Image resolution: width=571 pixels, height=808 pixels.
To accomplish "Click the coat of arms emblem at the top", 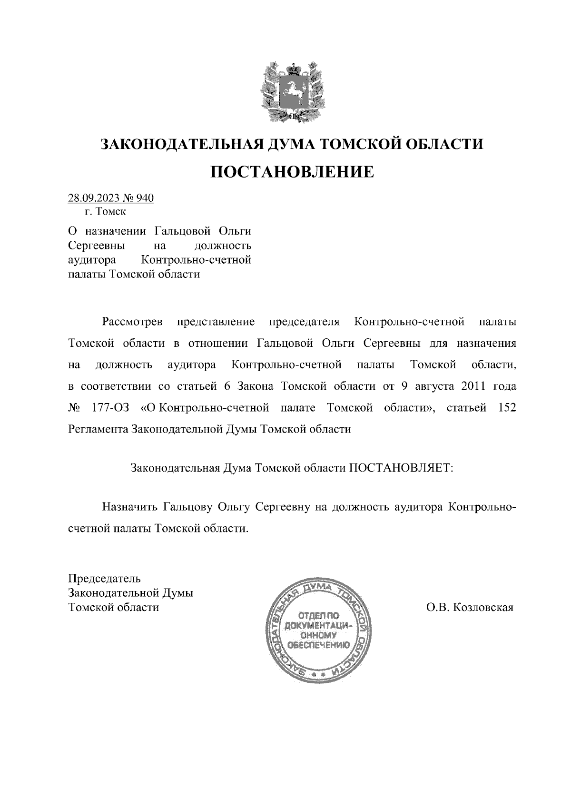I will pos(291,90).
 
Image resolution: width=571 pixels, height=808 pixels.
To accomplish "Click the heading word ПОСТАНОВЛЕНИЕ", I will pos(292,172).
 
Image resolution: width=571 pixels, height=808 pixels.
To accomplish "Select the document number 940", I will pos(145,198).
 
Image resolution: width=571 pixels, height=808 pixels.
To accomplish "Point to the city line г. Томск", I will pos(105,211).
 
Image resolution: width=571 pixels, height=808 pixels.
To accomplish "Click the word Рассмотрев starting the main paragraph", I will pos(132,322).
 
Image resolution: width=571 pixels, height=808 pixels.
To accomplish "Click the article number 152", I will pos(506,408).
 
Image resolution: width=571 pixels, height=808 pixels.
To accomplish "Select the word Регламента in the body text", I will pos(98,429).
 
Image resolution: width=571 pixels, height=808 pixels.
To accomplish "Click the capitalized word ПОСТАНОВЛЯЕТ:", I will pos(403,468).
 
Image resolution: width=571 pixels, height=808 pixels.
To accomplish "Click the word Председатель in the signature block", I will pos(105,579).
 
